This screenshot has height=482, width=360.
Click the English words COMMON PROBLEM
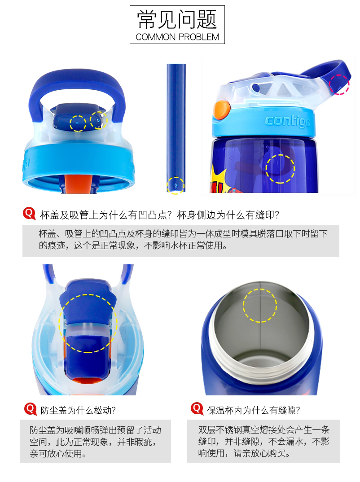pos(177,37)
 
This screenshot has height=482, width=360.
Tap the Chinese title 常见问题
pos(177,19)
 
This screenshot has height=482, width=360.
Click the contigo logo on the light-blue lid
pos(287,121)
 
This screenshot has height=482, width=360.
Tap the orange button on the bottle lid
pos(221,110)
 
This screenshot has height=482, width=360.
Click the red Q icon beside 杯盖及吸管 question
pos(29,213)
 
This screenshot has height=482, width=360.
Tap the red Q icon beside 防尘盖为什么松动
pos(31,409)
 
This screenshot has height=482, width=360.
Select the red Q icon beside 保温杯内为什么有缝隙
pos(197,408)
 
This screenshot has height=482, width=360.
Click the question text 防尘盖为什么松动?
pos(78,410)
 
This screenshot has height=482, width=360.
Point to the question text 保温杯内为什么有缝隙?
pos(254,410)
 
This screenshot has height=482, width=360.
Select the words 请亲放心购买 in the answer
pos(262,453)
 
